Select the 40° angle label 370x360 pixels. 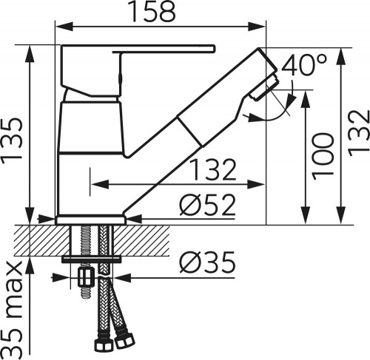pos(303,66)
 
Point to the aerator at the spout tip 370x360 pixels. pos(264,88)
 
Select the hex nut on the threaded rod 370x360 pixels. pos(84,279)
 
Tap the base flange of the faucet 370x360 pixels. pos(90,219)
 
